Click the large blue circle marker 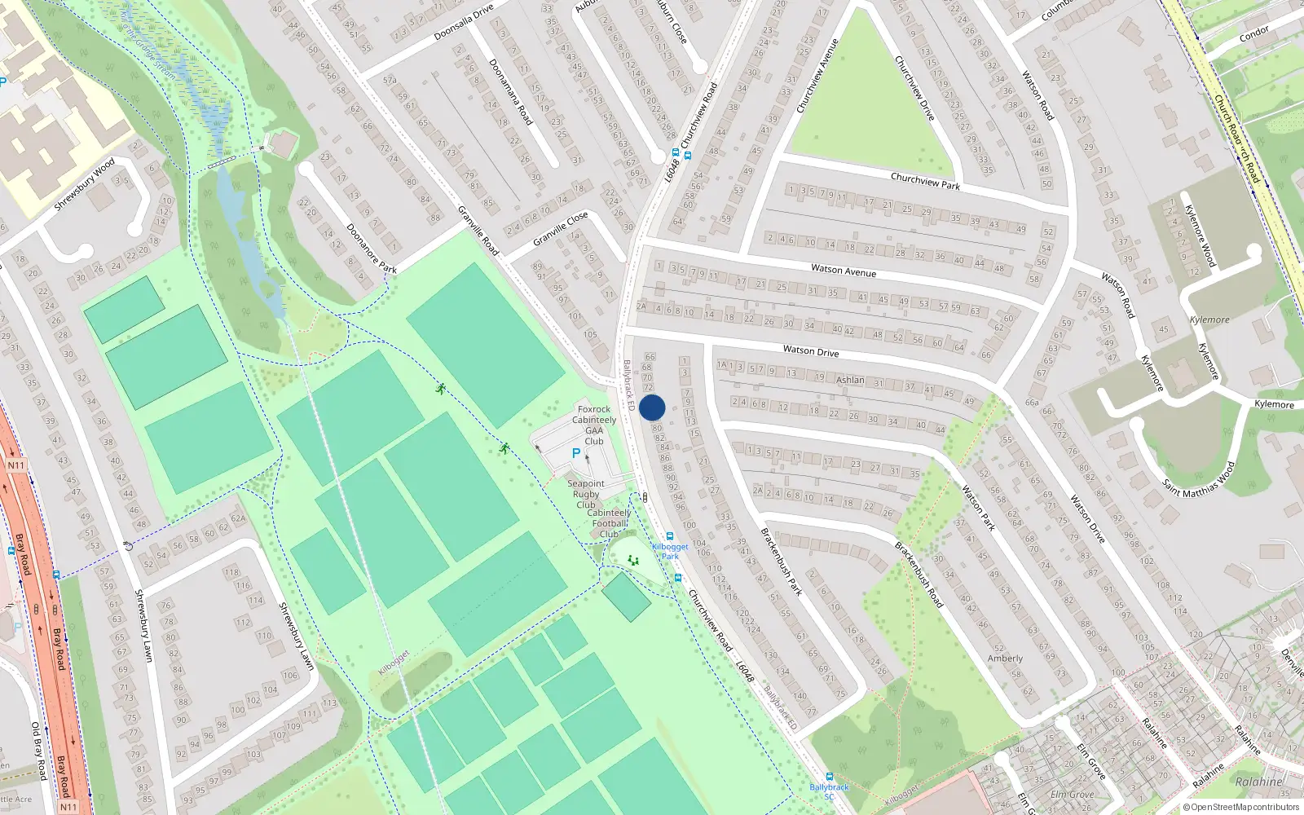click(652, 407)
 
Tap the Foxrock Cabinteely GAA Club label click(594, 425)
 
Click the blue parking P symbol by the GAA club click(576, 453)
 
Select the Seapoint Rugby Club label click(586, 494)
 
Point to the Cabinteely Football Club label click(609, 523)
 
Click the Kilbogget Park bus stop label click(670, 551)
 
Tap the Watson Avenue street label click(844, 270)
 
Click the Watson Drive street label click(811, 351)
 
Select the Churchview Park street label click(925, 181)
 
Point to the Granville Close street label click(561, 229)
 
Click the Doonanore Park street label click(372, 249)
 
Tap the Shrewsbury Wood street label click(84, 185)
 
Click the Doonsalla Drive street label click(464, 22)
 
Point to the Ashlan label click(850, 380)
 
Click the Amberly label click(1005, 659)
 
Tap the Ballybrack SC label click(829, 791)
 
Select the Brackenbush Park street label click(782, 561)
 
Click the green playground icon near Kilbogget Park click(632, 560)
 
